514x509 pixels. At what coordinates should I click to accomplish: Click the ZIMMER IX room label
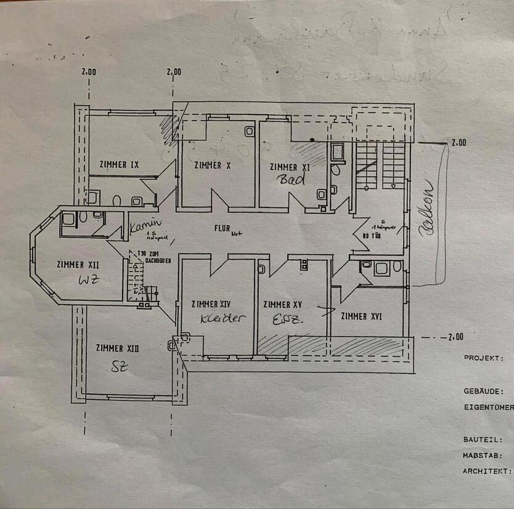pos(118,164)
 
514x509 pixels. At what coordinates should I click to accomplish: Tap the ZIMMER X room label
pos(212,165)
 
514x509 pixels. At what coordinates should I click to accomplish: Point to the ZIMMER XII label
pos(78,265)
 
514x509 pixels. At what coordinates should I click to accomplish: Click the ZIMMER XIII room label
pos(117,348)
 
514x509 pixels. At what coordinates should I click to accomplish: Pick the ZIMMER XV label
pos(282,305)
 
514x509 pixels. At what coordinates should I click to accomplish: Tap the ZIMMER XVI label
pos(361,316)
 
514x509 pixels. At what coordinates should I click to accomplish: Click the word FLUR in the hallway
pos(222,228)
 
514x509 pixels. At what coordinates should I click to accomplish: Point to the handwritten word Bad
pos(292,180)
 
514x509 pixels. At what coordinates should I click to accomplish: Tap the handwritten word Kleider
pos(222,318)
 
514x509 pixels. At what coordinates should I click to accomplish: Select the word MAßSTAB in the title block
pos(483,456)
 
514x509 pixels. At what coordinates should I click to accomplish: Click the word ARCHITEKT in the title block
pos(487,471)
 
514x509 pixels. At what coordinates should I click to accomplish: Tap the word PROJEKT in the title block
pos(484,358)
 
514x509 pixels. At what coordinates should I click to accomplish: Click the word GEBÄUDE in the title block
pos(484,391)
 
